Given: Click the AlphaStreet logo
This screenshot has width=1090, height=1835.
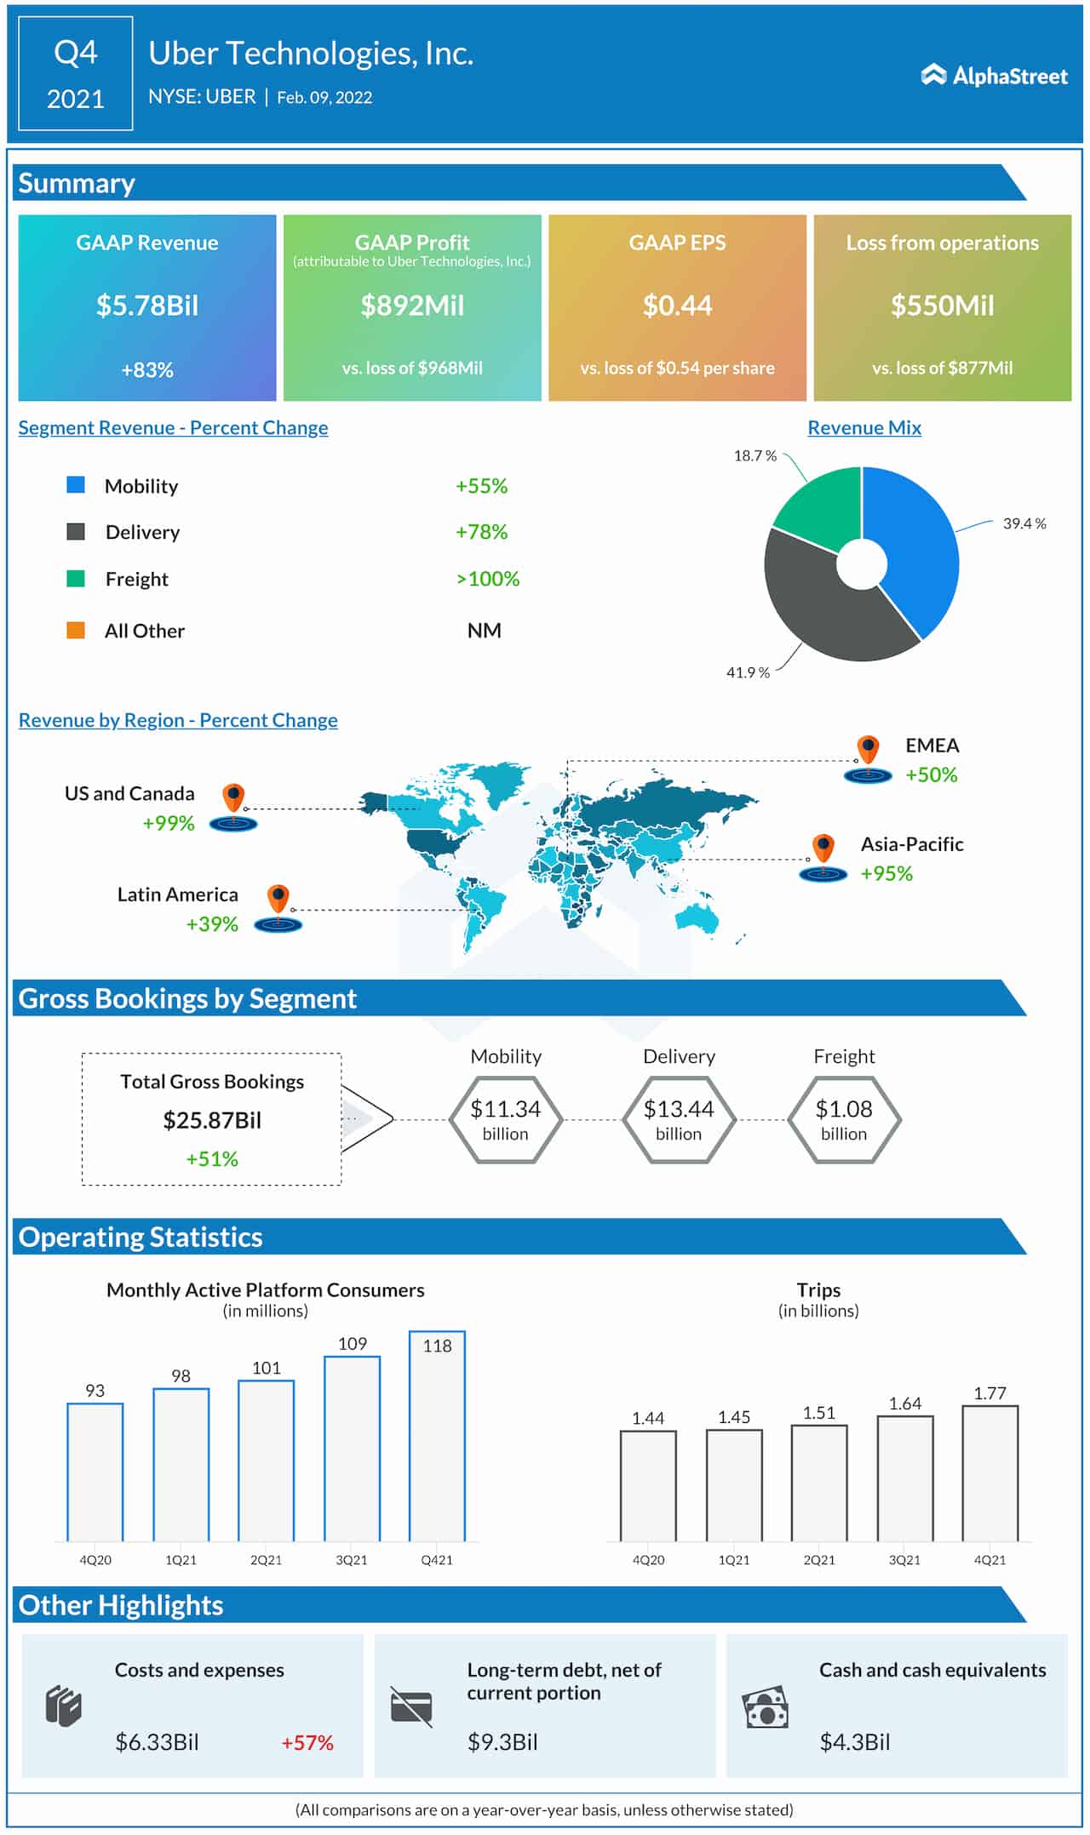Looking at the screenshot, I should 994,76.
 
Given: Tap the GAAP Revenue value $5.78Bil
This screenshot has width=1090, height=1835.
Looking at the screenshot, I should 147,306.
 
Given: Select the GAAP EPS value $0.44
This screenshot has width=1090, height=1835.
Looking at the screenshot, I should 677,306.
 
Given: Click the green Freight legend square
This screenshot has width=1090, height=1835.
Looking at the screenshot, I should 76,579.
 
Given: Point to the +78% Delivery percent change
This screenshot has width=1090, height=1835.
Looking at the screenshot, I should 481,532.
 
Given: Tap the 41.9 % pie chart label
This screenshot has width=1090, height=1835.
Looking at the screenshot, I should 748,672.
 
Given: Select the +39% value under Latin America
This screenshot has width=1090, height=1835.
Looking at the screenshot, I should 212,924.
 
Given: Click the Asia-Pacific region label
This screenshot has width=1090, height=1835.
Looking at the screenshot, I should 912,844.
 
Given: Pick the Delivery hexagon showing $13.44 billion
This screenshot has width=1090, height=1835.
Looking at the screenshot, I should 679,1120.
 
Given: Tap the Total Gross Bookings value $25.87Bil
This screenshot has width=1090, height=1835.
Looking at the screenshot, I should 212,1120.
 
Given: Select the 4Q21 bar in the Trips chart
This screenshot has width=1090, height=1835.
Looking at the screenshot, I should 990,1473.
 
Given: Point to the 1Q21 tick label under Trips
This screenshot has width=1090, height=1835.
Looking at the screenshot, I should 733,1560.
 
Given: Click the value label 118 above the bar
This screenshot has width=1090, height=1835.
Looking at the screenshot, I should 437,1346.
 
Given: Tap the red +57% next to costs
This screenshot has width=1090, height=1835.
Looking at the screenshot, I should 307,1742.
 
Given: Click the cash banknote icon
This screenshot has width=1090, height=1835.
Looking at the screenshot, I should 765,1706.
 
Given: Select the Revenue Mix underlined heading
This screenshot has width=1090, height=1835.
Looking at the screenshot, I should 864,428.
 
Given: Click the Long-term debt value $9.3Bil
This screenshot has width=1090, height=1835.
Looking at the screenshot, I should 502,1742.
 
